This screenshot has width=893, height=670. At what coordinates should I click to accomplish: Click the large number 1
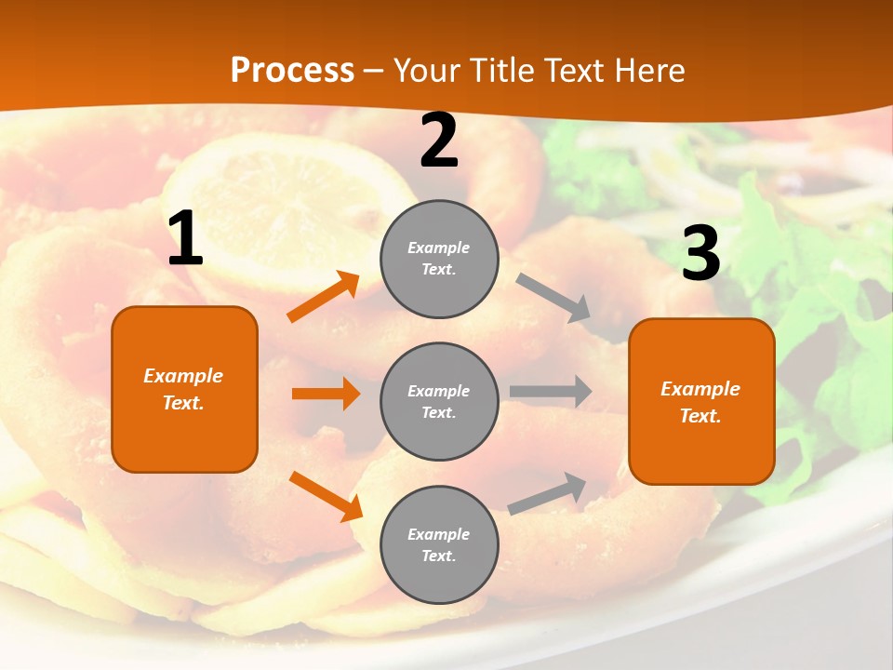tap(185, 239)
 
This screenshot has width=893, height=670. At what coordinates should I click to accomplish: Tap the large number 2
tap(439, 141)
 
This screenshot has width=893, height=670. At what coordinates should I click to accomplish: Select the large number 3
tap(700, 253)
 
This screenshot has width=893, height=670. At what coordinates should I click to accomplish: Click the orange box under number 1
tap(184, 389)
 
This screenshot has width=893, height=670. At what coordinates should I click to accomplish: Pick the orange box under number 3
tap(701, 401)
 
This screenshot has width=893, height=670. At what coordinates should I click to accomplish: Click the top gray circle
tap(439, 259)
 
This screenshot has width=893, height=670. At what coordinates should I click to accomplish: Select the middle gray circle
tap(439, 401)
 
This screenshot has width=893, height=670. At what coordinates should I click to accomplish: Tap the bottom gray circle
tap(439, 544)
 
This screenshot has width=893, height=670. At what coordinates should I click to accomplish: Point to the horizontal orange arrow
tap(326, 394)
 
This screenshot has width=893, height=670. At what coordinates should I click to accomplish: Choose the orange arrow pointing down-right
tap(326, 496)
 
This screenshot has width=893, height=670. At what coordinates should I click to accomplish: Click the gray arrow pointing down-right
tap(554, 298)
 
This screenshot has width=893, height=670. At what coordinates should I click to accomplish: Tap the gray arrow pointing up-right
tap(548, 493)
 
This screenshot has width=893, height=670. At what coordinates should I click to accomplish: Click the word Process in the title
tap(292, 71)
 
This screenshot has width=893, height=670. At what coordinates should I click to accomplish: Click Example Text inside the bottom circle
tap(439, 544)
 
